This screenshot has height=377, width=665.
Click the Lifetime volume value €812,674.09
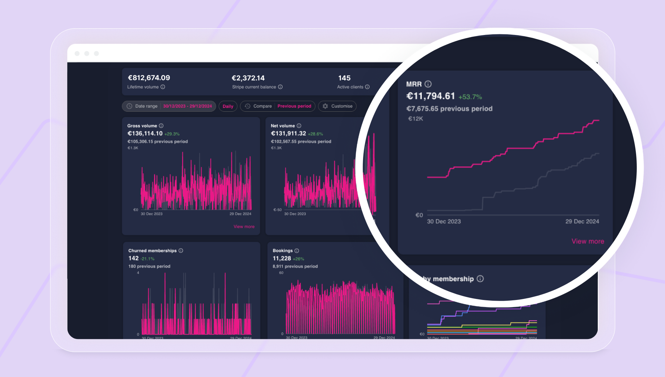[x=149, y=78]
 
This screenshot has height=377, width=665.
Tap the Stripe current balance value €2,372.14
[x=248, y=78]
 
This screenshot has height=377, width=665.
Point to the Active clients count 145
[x=344, y=78]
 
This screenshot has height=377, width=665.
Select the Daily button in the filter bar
[x=228, y=106]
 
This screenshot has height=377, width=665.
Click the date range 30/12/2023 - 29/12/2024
[x=187, y=106]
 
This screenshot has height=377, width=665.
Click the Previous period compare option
[x=294, y=106]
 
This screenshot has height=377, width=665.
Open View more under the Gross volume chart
[x=244, y=227]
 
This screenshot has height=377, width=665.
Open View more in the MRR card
[x=588, y=241]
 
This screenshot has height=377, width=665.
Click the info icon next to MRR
[x=428, y=84]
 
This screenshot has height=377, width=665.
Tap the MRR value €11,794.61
[x=431, y=96]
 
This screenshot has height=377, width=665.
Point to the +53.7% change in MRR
[x=470, y=97]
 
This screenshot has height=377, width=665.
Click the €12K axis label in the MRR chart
[x=415, y=119]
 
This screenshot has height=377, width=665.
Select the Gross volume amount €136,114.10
[x=145, y=134]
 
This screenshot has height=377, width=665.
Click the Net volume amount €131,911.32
[x=289, y=134]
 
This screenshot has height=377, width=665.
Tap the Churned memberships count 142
[x=133, y=258]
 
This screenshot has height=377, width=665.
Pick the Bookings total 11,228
[x=282, y=258]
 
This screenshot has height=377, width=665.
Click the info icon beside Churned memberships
[x=181, y=251]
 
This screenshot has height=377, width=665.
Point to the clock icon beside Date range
[x=129, y=106]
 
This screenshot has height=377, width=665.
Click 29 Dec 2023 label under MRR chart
[x=582, y=221]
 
